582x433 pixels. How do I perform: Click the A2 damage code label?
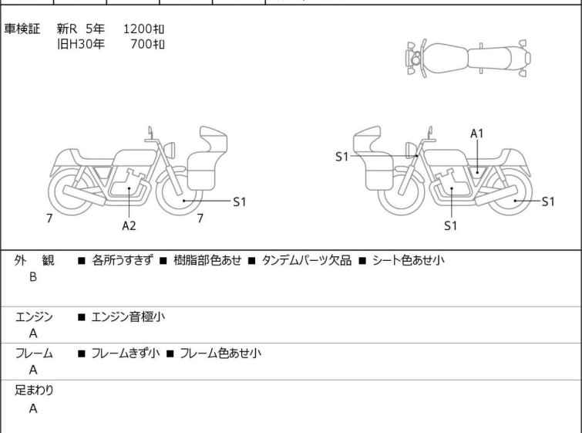pos(129,225)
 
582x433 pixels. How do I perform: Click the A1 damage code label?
pos(477,134)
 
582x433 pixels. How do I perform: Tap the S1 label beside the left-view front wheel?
pos(240,201)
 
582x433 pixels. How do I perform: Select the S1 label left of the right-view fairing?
pos(341,157)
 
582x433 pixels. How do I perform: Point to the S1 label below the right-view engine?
pos(451,225)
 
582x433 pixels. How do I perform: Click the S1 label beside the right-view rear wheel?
pos(548,201)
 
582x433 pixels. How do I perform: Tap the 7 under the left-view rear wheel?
pos(49,218)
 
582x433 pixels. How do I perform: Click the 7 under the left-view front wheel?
pos(200,218)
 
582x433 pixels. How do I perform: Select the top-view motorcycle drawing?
pos(468,59)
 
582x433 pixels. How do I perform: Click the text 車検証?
pos(22,29)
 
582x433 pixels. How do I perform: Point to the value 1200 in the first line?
pos(137,29)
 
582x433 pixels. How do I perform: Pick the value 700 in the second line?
pos(141,44)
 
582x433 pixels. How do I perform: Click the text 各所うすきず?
pos(122,260)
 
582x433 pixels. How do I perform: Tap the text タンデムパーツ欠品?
pos(307,260)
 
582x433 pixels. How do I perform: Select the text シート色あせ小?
pos(409,260)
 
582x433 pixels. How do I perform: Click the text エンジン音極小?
pos(128,316)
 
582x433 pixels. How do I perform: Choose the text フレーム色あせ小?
pos(220,353)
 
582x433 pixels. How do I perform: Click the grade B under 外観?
pos(33,277)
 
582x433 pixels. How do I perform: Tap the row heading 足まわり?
pos(34,391)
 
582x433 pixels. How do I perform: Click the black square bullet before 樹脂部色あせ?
pos(163,261)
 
